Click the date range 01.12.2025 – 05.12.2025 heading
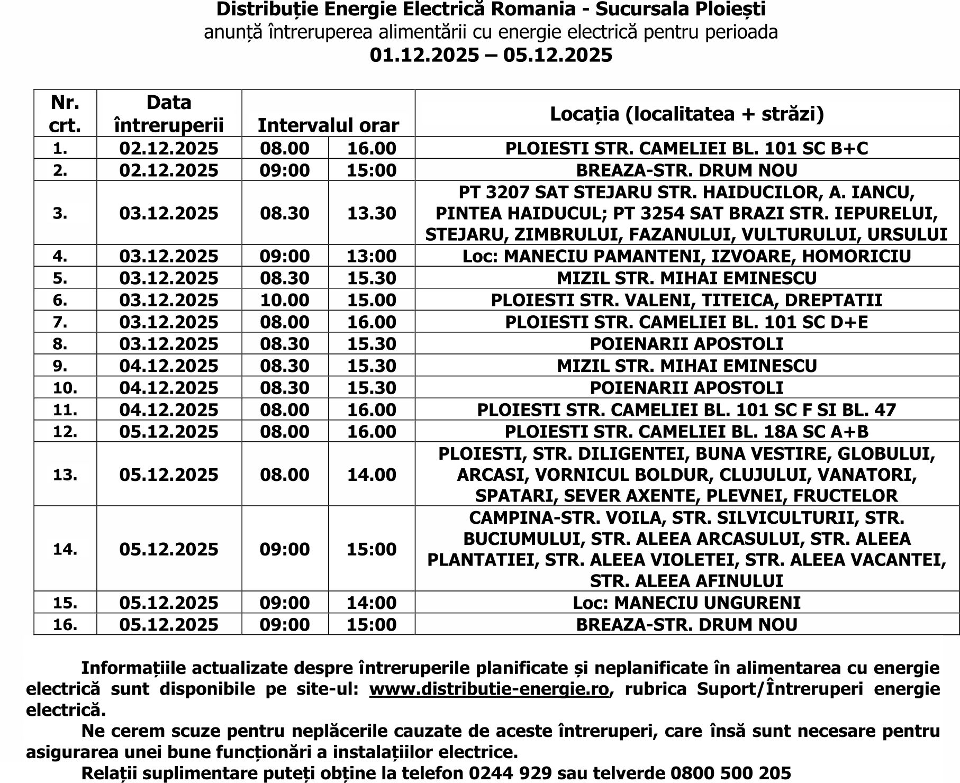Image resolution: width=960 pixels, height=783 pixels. (x=491, y=55)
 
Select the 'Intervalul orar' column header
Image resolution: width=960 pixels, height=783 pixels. (x=328, y=125)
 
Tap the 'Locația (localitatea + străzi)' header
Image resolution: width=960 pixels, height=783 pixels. (x=687, y=114)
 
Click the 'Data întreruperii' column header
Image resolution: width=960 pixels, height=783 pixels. (x=169, y=114)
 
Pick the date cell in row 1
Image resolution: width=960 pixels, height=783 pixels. (x=169, y=148)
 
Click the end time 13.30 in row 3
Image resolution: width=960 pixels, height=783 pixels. (x=372, y=213)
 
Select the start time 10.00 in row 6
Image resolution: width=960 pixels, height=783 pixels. (x=285, y=300)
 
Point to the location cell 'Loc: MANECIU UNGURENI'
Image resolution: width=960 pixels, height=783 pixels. (x=686, y=603)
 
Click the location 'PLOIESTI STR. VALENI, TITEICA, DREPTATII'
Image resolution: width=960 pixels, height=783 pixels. (x=686, y=300)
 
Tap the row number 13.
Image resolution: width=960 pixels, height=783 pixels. (x=65, y=475)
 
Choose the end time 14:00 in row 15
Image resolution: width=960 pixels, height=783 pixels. (x=372, y=603)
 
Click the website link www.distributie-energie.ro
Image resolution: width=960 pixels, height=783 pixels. (x=489, y=689)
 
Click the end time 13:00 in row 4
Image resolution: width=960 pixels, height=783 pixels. (x=372, y=257)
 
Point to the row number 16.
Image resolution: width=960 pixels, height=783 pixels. (x=65, y=624)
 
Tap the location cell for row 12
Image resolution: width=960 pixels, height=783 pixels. (x=686, y=432)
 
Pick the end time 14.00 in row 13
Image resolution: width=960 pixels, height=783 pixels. (x=372, y=475)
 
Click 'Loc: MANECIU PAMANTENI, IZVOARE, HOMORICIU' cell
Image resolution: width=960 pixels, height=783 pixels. (x=686, y=257)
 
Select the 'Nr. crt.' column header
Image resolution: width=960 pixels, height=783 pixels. (x=65, y=114)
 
